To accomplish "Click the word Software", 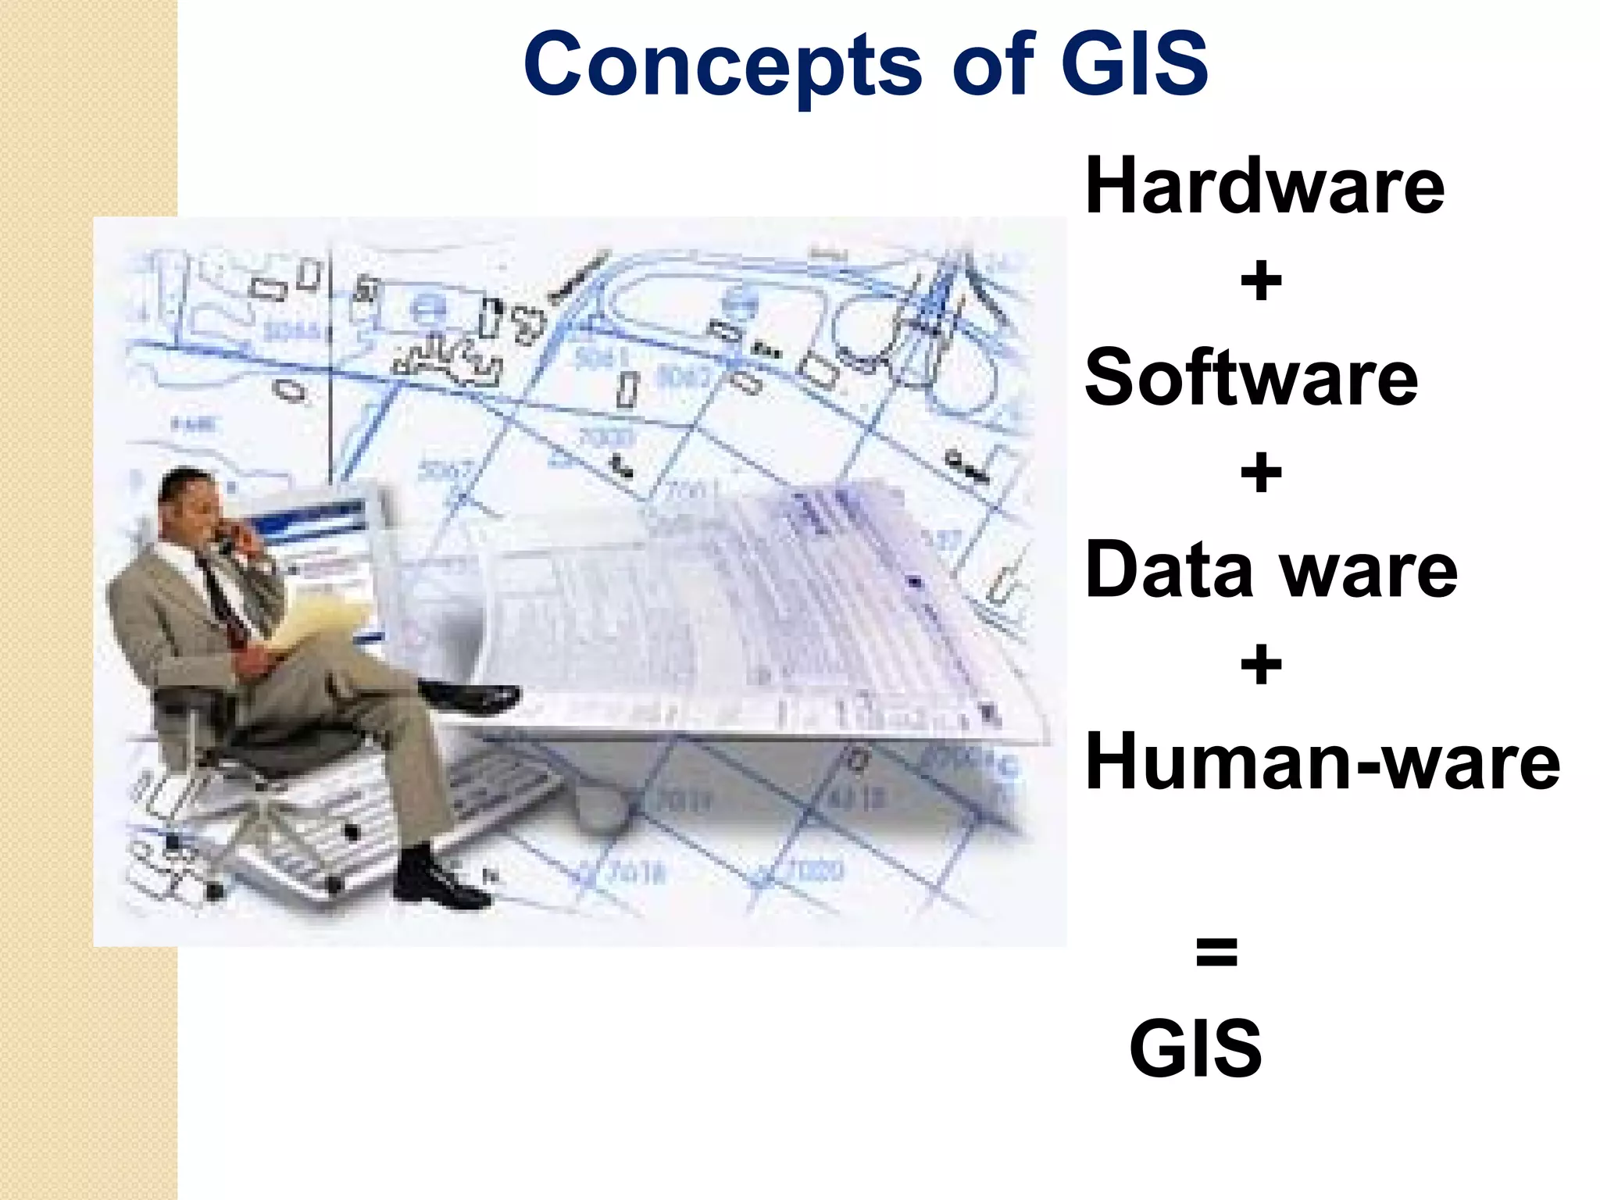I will coord(1251,378).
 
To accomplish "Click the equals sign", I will coord(1216,952).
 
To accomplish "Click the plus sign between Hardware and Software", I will coord(1261,282).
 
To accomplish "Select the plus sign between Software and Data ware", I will coord(1261,473).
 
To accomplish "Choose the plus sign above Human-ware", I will coord(1261,666).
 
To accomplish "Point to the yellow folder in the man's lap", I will coord(312,625).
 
